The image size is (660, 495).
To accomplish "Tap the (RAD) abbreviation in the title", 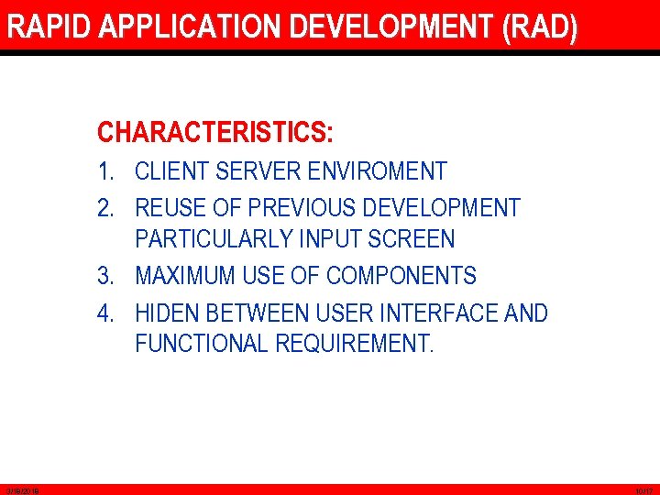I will [x=540, y=27].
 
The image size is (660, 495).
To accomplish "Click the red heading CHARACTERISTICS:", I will [x=215, y=133].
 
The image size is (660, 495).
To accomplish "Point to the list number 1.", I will [x=106, y=171].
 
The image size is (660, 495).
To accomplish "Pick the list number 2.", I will [x=106, y=208].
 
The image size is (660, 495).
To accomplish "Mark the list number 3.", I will [x=106, y=276].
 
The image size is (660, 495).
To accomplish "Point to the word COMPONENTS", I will [x=401, y=276].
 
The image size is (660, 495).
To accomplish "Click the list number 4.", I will [x=106, y=313].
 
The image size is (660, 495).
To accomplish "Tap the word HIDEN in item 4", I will [x=167, y=313].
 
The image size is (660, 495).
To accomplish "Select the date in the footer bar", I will [x=19, y=491].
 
